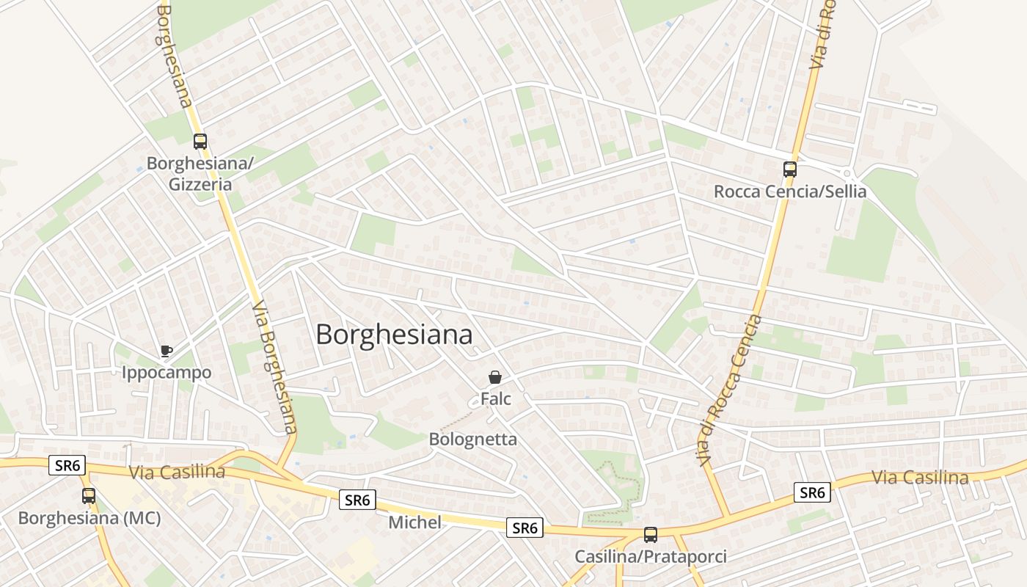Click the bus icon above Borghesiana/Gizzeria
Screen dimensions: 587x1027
click(x=200, y=142)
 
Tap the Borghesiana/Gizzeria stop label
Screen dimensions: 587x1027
click(x=200, y=174)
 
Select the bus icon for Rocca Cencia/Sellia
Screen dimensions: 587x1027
click(x=789, y=169)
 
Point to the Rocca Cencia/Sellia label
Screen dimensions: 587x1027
click(x=790, y=192)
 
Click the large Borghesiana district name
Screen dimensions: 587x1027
click(x=394, y=335)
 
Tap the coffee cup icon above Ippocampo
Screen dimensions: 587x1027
click(x=167, y=351)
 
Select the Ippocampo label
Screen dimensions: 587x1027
click(x=167, y=373)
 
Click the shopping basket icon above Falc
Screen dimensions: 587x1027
click(x=495, y=378)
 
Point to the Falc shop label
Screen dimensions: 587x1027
click(x=495, y=399)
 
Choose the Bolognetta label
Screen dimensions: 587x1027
click(x=472, y=440)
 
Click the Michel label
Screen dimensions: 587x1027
click(x=414, y=522)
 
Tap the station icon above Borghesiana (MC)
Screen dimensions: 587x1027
click(x=89, y=496)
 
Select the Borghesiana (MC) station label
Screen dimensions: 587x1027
click(x=89, y=518)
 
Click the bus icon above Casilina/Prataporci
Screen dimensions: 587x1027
click(x=650, y=535)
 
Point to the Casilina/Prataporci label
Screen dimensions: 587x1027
click(x=650, y=557)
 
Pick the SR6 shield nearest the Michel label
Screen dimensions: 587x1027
click(x=358, y=500)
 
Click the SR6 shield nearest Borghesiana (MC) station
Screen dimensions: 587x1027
click(x=67, y=465)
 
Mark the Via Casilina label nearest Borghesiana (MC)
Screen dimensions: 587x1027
click(x=177, y=472)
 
